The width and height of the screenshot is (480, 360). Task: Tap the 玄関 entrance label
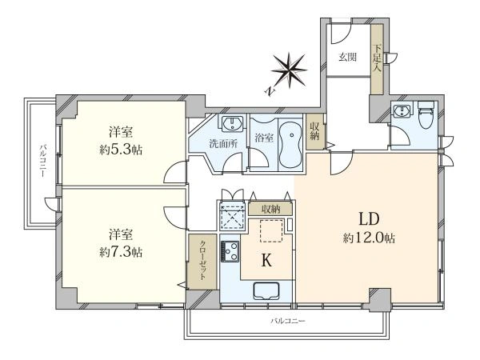click(347, 58)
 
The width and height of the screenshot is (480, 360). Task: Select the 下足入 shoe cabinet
click(377, 59)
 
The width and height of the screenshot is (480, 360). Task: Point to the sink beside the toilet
click(402, 110)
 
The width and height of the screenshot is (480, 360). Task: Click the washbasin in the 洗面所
click(232, 123)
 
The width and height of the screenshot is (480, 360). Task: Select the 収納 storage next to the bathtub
click(314, 132)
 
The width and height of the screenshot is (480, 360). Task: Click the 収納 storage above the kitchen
click(270, 209)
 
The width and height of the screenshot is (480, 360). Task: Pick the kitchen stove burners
click(230, 251)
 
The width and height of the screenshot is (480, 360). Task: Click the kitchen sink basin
click(266, 290)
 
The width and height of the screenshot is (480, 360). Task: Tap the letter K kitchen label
click(266, 261)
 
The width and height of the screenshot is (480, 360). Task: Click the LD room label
click(369, 219)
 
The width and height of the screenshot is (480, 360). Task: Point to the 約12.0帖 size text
click(369, 238)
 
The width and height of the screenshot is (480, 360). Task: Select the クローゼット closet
click(202, 262)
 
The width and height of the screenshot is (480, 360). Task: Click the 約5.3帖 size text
click(121, 150)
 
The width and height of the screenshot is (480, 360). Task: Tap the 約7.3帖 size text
click(121, 252)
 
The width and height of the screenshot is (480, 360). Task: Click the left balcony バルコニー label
click(42, 162)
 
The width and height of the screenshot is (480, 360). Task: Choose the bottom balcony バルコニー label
click(288, 321)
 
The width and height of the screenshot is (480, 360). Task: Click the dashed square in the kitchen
click(271, 230)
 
